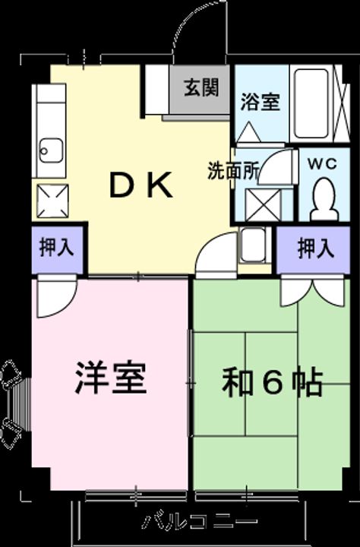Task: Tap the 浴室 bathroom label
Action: (260, 103)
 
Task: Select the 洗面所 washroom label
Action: (234, 170)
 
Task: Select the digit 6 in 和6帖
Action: (273, 382)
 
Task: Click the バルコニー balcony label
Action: (200, 522)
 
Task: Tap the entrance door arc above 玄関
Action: (199, 30)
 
